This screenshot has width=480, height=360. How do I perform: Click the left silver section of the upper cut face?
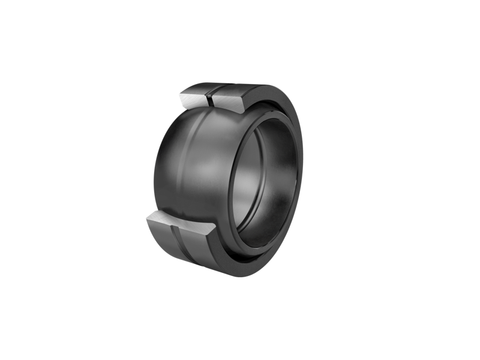[x=195, y=95]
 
